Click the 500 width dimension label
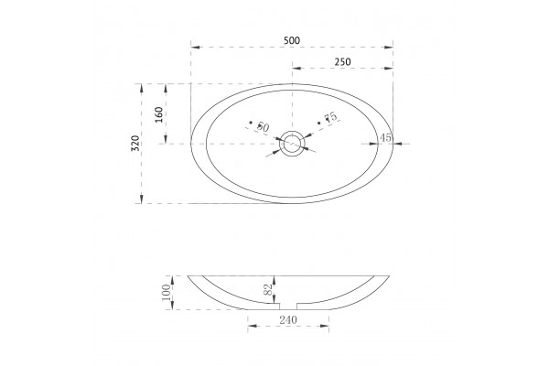[x=292, y=40]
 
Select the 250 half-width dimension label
[x=342, y=62]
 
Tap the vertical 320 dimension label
[x=135, y=143]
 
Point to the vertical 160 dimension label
[x=158, y=114]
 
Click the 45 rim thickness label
[x=385, y=137]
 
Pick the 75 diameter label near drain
[x=330, y=117]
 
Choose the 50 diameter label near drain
[x=263, y=127]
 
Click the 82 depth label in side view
[x=268, y=289]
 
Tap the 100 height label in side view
[x=167, y=292]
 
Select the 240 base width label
[x=288, y=319]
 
